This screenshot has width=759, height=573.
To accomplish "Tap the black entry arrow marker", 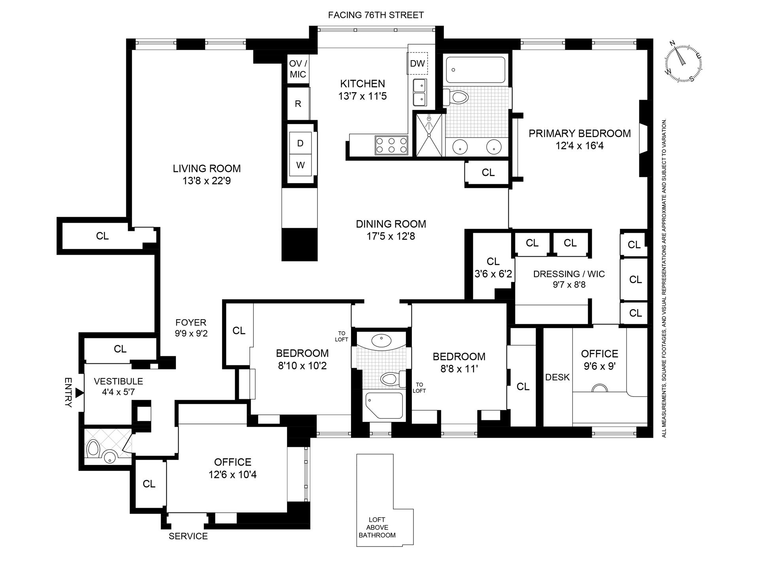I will pyautogui.click(x=79, y=393).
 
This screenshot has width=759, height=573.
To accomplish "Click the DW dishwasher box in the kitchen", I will pyautogui.click(x=417, y=63).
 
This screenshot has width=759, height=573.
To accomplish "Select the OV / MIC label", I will pyautogui.click(x=298, y=69).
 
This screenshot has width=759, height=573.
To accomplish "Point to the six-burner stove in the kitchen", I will pyautogui.click(x=391, y=145).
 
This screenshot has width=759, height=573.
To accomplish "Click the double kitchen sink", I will pyautogui.click(x=419, y=92).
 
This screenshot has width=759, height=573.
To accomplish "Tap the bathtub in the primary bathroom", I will pyautogui.click(x=475, y=70).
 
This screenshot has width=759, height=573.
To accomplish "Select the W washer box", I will pyautogui.click(x=300, y=165).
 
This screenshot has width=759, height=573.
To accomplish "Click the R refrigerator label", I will pyautogui.click(x=298, y=104).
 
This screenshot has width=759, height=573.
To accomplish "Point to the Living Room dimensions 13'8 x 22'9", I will pyautogui.click(x=207, y=181).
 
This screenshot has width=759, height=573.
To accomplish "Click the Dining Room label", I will pyautogui.click(x=391, y=224).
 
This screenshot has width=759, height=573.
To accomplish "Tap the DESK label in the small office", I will pyautogui.click(x=557, y=377).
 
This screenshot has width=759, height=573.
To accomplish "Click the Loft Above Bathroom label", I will pyautogui.click(x=377, y=528).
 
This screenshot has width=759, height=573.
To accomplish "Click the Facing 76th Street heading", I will pyautogui.click(x=376, y=15).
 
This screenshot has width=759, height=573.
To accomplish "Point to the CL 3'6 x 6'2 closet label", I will pyautogui.click(x=493, y=267).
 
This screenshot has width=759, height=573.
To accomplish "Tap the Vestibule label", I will pyautogui.click(x=118, y=381).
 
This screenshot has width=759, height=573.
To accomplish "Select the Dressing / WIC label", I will pyautogui.click(x=568, y=274).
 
